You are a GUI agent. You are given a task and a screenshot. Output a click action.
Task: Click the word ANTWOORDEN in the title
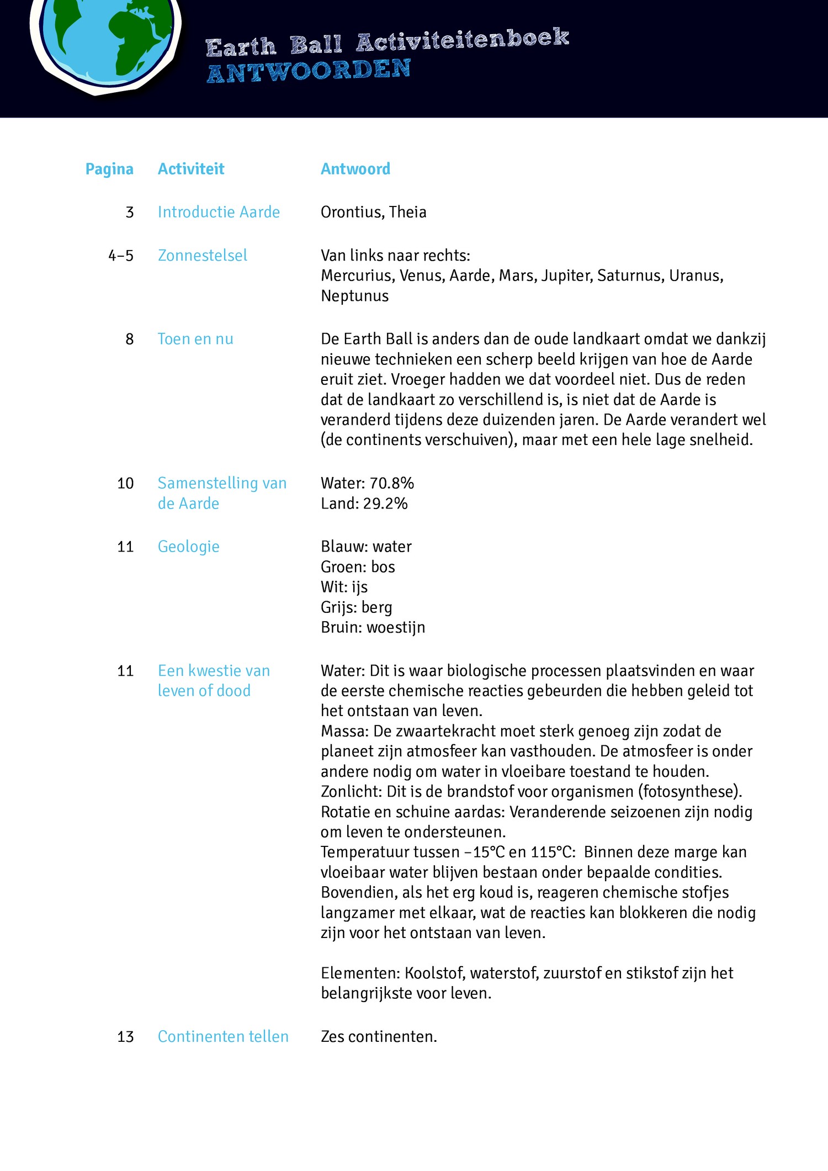(x=309, y=71)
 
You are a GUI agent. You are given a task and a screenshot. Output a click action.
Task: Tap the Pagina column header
(x=109, y=169)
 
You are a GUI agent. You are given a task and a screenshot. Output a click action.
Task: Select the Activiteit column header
(x=191, y=169)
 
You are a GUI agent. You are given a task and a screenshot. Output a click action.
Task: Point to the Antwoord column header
(x=355, y=169)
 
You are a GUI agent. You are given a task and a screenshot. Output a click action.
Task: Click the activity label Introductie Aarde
(x=219, y=212)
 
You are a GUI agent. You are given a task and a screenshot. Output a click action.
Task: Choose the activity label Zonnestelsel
(x=203, y=256)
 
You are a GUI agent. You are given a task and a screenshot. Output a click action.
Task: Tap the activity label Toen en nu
(x=195, y=339)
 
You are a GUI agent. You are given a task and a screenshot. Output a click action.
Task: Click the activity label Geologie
(x=189, y=547)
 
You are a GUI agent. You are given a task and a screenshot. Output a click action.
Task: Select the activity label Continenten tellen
(x=223, y=1036)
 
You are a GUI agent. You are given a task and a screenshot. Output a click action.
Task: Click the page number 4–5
(x=121, y=256)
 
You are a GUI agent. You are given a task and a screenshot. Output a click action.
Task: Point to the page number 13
(x=125, y=1037)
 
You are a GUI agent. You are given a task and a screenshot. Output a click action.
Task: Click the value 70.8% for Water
(x=391, y=483)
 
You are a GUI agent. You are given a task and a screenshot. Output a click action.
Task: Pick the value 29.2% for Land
(x=385, y=504)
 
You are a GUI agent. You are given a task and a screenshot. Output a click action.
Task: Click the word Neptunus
(x=355, y=296)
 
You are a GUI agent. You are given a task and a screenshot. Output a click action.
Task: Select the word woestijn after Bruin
(x=396, y=627)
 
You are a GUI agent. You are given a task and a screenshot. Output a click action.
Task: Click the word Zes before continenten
(x=333, y=1037)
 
